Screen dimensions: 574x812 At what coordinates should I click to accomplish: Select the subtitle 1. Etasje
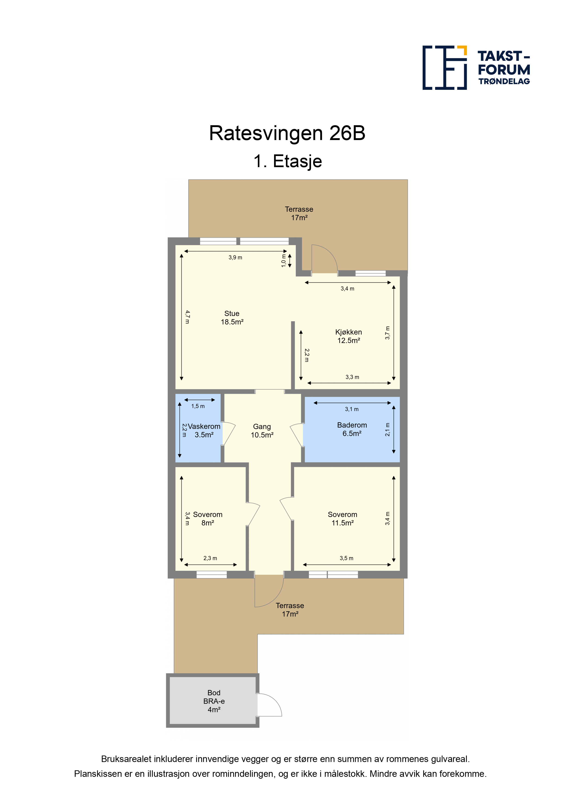click(287, 161)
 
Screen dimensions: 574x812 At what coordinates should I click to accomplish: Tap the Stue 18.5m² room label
click(232, 318)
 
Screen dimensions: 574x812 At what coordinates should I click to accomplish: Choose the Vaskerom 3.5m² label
click(204, 431)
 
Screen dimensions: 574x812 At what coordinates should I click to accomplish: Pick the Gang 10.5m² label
click(262, 431)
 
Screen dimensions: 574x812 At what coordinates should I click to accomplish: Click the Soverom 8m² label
click(208, 519)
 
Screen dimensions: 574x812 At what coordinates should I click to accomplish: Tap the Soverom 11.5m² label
click(342, 519)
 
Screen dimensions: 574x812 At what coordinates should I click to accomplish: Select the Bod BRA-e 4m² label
click(214, 701)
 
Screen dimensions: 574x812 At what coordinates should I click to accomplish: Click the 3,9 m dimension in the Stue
click(235, 257)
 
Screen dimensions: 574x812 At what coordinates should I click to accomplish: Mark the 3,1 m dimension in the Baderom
click(352, 409)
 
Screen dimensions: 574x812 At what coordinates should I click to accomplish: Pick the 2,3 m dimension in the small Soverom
click(210, 558)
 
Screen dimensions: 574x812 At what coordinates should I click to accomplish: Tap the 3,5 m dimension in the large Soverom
click(346, 558)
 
